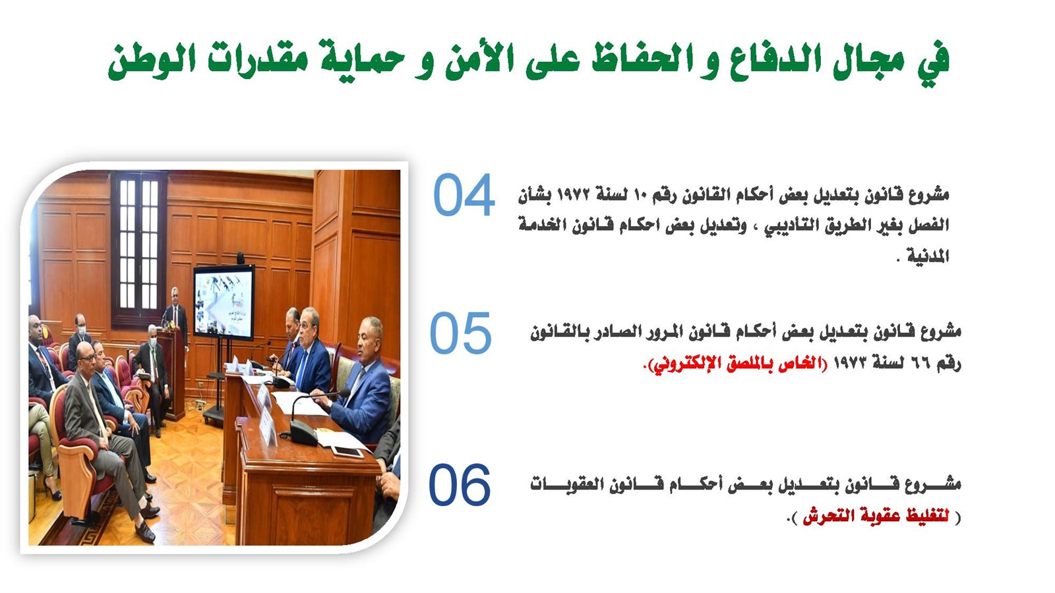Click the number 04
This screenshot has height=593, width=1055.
[464, 195]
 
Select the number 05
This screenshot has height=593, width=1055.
[461, 333]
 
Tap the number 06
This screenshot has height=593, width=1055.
[460, 485]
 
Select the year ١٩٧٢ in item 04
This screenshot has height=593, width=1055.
[573, 194]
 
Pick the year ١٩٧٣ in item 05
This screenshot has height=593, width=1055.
[850, 363]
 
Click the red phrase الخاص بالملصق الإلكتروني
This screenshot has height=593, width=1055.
[735, 364]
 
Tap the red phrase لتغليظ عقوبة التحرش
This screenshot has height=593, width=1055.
[876, 517]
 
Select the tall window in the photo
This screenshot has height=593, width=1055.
[139, 250]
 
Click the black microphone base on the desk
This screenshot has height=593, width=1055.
[304, 432]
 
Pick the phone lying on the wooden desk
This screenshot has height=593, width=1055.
[347, 452]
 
